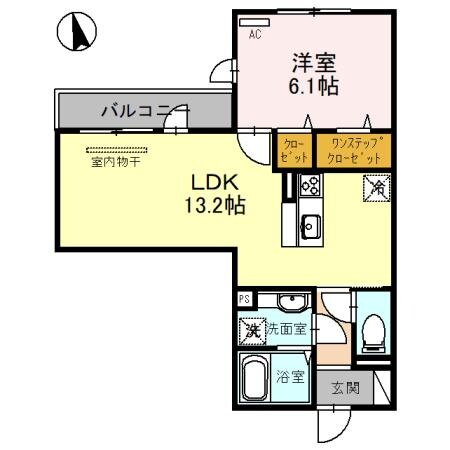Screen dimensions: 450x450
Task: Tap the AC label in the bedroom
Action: [x=254, y=34]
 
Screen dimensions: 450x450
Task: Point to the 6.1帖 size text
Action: [x=313, y=86]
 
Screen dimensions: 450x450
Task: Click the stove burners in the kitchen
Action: [x=309, y=185]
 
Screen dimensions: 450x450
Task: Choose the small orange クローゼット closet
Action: [x=294, y=150]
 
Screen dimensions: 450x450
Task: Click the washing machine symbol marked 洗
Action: [x=252, y=328]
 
